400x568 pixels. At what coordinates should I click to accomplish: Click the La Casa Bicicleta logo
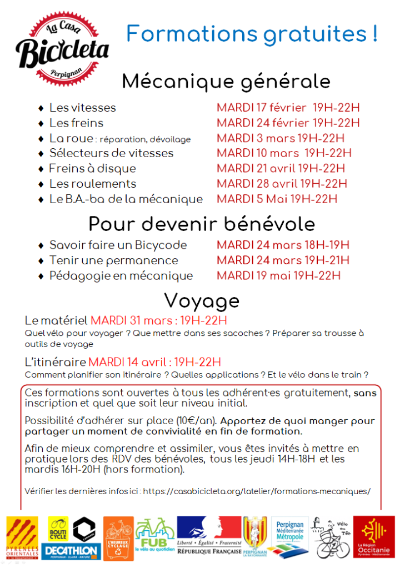pos(62,49)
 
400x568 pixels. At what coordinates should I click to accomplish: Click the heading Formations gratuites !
pos(252,34)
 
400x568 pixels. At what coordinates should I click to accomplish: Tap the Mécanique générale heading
pos(226,82)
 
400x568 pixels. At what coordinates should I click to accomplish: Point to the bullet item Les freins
pos(76,123)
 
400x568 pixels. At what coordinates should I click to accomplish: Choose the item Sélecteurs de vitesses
pos(111,153)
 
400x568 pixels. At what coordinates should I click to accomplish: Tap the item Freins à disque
pos(92,168)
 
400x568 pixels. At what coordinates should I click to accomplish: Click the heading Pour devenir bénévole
pos(202,224)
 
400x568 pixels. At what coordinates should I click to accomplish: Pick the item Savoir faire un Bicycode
pos(118,245)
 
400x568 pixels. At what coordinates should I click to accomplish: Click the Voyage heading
pos(202,300)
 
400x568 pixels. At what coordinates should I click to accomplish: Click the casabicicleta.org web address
pos(264,491)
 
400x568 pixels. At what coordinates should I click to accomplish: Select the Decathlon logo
pos(73,550)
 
